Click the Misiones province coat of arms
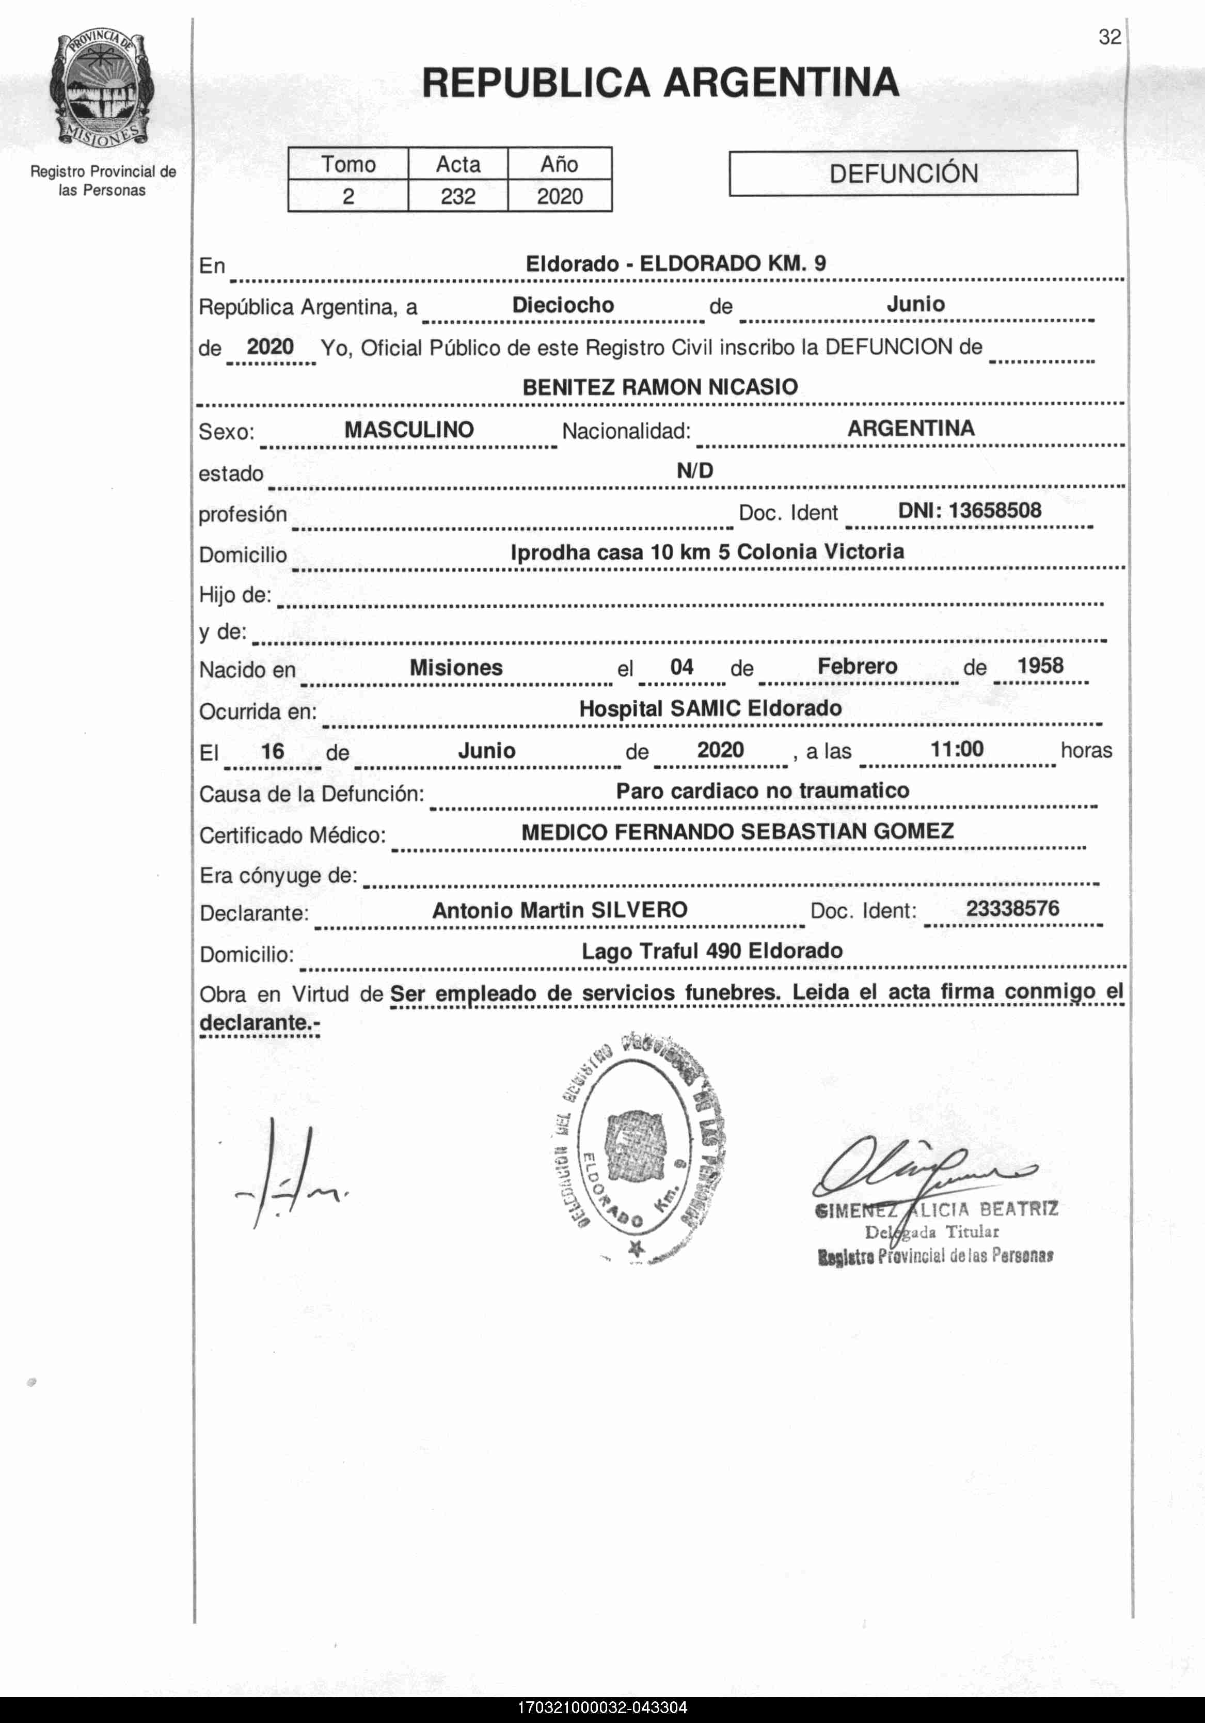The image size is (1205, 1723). [x=102, y=89]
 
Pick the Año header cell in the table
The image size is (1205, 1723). [x=559, y=164]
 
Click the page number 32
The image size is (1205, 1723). [x=1109, y=37]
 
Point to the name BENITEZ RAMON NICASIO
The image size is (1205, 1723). [x=659, y=387]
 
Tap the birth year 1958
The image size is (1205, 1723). [x=1040, y=666]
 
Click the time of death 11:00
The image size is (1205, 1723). [x=957, y=748]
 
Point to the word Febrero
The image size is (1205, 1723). [x=857, y=667]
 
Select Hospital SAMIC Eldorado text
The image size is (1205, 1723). [x=710, y=708]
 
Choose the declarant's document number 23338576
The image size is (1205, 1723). [x=1012, y=909]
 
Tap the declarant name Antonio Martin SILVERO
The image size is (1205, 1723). [x=560, y=910]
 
